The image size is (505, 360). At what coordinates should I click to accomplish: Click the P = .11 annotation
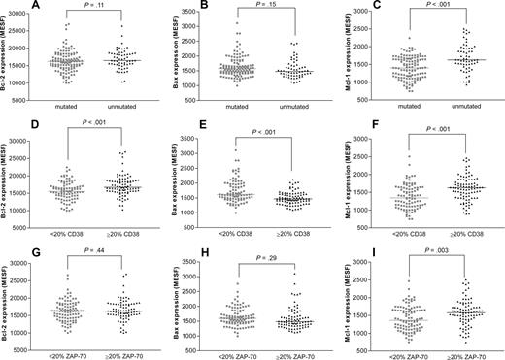[x=95, y=7]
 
